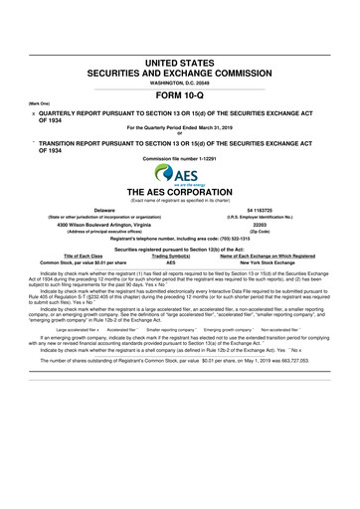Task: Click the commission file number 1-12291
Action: coord(180,157)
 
